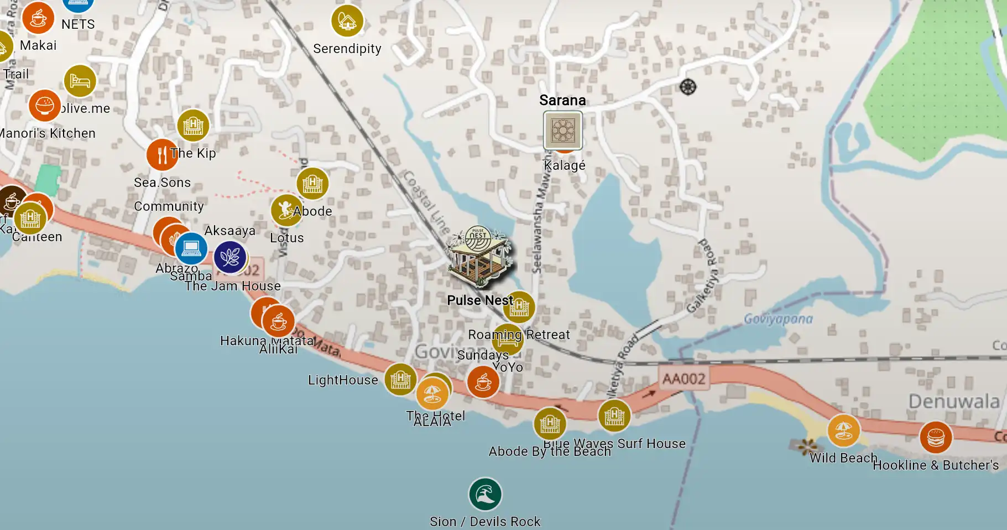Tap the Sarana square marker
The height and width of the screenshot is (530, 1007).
[562, 131]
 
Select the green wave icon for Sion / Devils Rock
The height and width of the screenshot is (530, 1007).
[485, 494]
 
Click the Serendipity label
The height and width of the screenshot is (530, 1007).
[347, 49]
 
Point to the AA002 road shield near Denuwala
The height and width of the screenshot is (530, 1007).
[684, 379]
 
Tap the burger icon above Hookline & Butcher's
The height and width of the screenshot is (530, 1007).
[936, 437]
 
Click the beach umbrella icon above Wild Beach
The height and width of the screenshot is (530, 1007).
[843, 430]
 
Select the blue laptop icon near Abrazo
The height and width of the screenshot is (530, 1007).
[191, 249]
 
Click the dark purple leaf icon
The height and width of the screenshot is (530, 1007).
[230, 257]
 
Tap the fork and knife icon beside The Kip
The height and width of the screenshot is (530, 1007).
[162, 155]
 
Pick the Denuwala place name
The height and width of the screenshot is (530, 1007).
[954, 401]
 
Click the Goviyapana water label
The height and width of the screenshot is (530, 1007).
[778, 319]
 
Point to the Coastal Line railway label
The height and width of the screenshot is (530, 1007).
[426, 202]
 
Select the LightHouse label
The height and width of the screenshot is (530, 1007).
[343, 380]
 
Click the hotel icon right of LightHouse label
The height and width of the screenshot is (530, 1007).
[400, 380]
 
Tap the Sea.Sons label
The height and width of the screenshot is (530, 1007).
[162, 183]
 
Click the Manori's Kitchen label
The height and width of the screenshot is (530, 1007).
[48, 133]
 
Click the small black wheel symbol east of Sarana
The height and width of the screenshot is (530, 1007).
[688, 87]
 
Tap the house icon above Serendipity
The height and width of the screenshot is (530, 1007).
[347, 21]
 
